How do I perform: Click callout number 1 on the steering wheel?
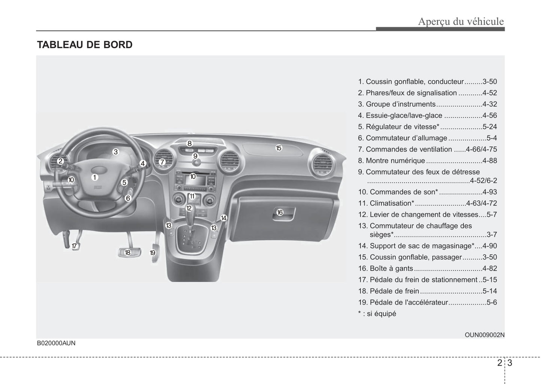pos(95,177)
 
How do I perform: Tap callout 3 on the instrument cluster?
pos(116,152)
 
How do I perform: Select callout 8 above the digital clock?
pos(189,143)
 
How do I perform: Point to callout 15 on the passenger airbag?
pos(279,148)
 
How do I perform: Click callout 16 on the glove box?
pos(280,213)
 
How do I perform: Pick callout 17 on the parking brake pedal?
pos(75,246)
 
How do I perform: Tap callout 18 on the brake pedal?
pos(127,252)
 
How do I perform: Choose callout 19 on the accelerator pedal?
pos(152,253)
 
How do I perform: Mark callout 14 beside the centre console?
pos(224,218)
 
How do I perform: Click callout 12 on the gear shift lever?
pos(189,208)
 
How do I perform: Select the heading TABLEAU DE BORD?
pos(85,45)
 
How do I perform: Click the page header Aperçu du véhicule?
pos(461,21)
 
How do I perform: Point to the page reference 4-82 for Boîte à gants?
pos(489,268)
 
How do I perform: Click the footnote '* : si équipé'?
pos(377,314)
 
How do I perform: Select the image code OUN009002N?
pos(484,335)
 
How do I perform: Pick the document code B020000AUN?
pos(56,343)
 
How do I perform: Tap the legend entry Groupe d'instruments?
pos(401,104)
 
